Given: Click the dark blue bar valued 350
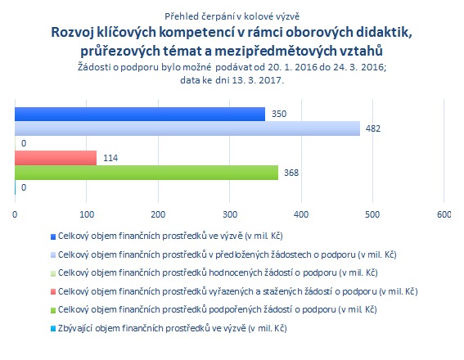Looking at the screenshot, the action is tap(140, 114).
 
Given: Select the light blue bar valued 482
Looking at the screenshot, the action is tap(187, 128).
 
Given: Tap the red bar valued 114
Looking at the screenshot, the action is tap(56, 158).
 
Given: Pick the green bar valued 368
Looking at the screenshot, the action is tap(146, 173).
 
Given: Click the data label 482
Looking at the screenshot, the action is tap(373, 128).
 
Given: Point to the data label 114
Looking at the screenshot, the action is tap(110, 158).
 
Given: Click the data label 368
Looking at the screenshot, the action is tap(291, 173).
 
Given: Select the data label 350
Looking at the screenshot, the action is tap(279, 114).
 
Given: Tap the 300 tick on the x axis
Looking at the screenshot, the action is tap(230, 214).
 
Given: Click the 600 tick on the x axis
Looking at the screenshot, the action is tap(444, 214).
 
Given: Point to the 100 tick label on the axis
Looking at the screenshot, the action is tap(87, 214).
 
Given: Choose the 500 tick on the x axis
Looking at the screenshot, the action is tap(372, 214).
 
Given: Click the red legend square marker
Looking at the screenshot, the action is tap(53, 292).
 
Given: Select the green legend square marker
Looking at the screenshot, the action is tap(53, 310).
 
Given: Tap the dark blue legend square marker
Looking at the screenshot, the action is tap(53, 236).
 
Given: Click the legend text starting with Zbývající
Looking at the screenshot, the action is tap(172, 328).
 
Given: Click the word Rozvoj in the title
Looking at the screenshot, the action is tap(73, 33).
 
